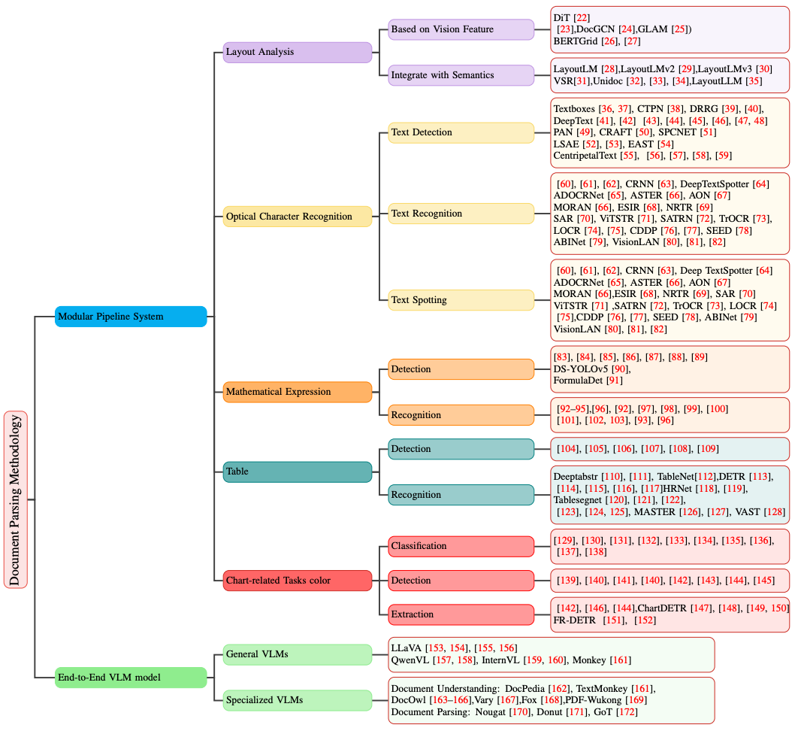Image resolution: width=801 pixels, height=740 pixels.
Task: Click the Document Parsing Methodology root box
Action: (x=16, y=499)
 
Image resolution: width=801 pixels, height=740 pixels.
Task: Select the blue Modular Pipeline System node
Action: (x=131, y=317)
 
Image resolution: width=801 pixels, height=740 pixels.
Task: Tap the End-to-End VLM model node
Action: (x=131, y=678)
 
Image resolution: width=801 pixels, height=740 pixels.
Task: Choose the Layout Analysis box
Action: (x=298, y=52)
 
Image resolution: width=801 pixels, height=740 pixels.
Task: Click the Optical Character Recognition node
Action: (x=298, y=217)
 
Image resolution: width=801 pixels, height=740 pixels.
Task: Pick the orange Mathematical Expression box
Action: (x=298, y=392)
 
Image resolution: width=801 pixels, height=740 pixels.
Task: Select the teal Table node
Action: (x=298, y=472)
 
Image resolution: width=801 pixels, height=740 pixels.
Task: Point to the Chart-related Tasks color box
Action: (x=298, y=581)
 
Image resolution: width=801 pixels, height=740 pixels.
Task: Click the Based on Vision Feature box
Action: (x=461, y=29)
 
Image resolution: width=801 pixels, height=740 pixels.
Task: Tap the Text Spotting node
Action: (x=461, y=300)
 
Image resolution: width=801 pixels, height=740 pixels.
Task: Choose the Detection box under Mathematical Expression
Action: (x=461, y=369)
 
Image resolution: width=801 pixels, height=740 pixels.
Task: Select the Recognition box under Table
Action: (x=461, y=495)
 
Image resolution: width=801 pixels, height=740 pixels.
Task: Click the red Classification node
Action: (x=461, y=546)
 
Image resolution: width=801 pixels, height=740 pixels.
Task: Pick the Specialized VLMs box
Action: (x=298, y=700)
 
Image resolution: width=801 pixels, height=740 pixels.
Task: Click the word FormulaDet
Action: (x=578, y=381)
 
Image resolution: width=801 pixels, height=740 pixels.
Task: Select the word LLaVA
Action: (x=407, y=647)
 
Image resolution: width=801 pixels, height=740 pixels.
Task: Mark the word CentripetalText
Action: (x=585, y=156)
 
